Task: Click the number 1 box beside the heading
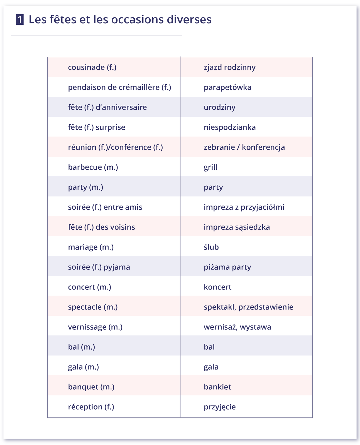click(x=20, y=20)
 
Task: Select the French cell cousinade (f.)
click(x=92, y=67)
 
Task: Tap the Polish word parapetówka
click(x=227, y=87)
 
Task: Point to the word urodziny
click(x=219, y=107)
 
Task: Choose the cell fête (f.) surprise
click(x=97, y=127)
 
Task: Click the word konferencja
click(x=263, y=147)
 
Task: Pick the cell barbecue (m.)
click(x=93, y=167)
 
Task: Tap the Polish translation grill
click(x=210, y=167)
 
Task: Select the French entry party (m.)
click(x=85, y=187)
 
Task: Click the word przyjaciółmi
click(x=262, y=207)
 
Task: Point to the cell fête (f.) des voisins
click(x=101, y=227)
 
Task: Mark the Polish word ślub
click(x=211, y=247)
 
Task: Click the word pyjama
click(x=117, y=267)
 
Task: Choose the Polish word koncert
click(x=217, y=287)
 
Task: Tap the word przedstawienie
click(x=266, y=307)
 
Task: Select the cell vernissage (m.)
click(x=95, y=327)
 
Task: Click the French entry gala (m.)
click(x=84, y=367)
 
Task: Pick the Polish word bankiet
click(x=217, y=387)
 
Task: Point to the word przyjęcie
click(x=220, y=407)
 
